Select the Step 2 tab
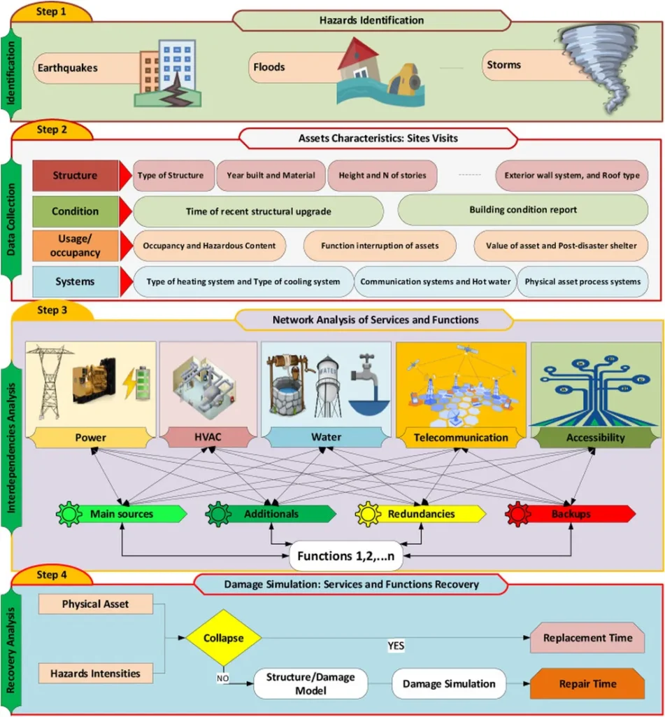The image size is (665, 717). click(x=52, y=130)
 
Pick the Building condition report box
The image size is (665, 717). click(x=523, y=210)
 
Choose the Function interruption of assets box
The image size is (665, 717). click(x=380, y=246)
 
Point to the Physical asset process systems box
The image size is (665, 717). click(x=582, y=281)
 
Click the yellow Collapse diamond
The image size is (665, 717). click(x=223, y=638)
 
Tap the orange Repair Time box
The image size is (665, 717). click(x=587, y=683)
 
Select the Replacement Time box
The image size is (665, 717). click(x=587, y=638)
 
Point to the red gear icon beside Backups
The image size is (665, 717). click(x=518, y=514)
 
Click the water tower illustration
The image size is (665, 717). click(x=327, y=385)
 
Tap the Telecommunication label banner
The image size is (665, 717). click(x=460, y=438)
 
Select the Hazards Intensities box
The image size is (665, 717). click(x=95, y=674)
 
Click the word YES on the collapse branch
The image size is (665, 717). click(x=396, y=646)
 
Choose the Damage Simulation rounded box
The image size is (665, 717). click(x=448, y=683)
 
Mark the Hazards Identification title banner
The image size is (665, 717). click(x=371, y=20)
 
